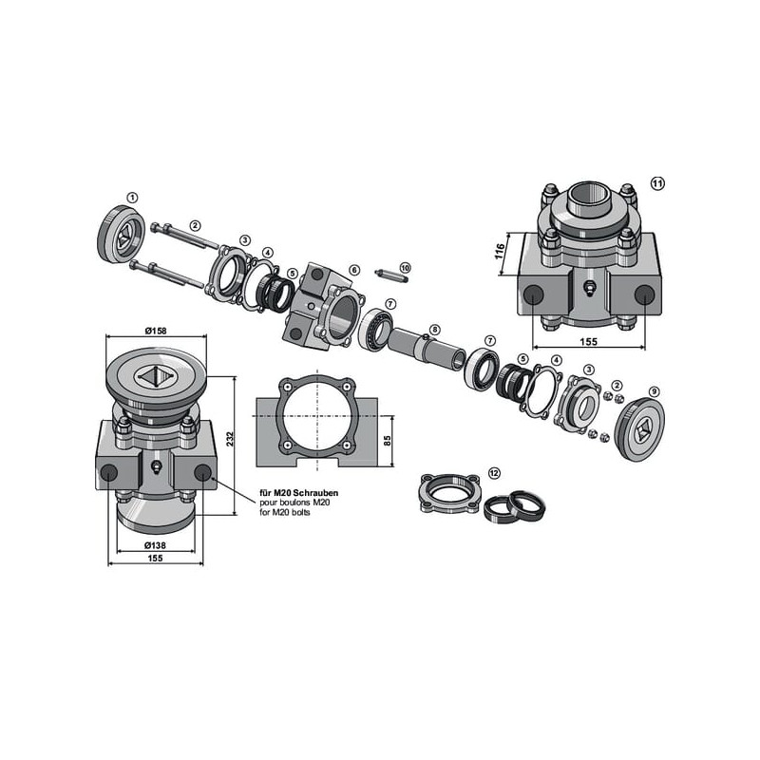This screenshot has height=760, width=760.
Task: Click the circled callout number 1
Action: [x=132, y=198]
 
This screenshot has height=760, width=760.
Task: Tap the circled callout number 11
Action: [x=657, y=183]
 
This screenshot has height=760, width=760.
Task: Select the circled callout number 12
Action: [x=494, y=472]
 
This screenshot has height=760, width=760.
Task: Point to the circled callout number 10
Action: [x=406, y=268]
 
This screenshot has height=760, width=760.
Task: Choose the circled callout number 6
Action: [x=354, y=270]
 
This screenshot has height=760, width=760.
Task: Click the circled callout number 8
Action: [x=435, y=330]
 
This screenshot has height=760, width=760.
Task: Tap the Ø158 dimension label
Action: [x=156, y=331]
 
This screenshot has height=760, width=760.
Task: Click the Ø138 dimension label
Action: [x=155, y=545]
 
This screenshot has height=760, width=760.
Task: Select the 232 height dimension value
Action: [x=230, y=439]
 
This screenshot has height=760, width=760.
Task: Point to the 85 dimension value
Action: [x=387, y=441]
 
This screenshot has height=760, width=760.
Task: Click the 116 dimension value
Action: [x=500, y=251]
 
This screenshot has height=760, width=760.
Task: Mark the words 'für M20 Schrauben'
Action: [x=299, y=493]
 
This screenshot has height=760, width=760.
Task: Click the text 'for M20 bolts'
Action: [x=285, y=512]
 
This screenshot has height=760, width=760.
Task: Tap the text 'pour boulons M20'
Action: [x=294, y=503]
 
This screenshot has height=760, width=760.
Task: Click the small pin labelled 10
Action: [x=391, y=275]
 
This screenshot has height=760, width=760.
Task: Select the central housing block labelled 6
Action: [x=323, y=306]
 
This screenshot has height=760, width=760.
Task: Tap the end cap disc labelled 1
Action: [x=122, y=235]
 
